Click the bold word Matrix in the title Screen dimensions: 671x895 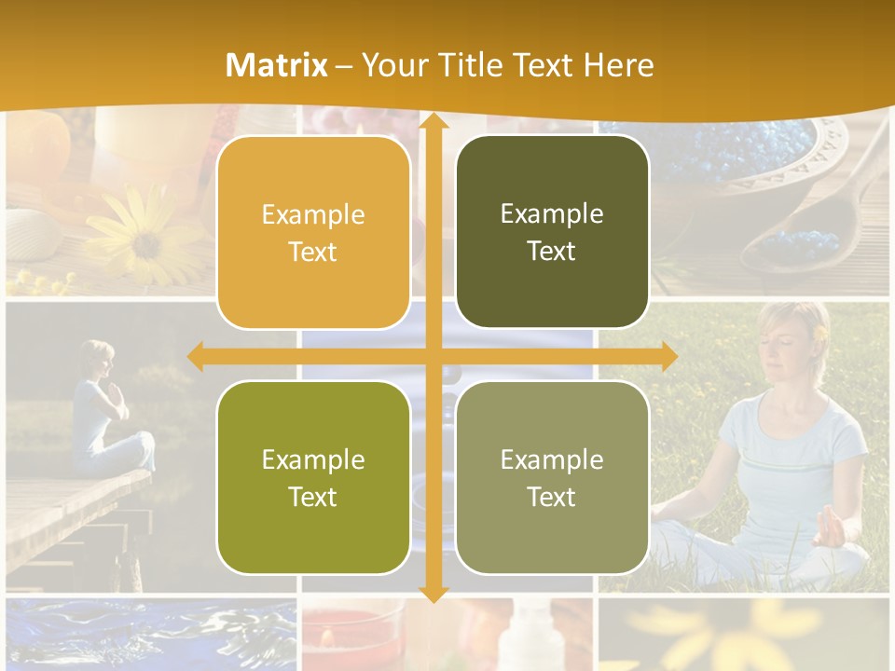pos(277,65)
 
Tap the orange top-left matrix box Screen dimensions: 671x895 pos(313,233)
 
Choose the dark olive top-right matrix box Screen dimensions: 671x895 pos(552,232)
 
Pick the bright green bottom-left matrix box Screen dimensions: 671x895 pos(313,477)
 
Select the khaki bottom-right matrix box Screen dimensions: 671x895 pos(552,477)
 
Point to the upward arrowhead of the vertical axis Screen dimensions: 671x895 pos(433,120)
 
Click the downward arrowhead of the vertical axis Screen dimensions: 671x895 pos(433,593)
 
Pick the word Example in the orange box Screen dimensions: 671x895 pos(313,215)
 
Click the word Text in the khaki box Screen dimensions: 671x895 pos(552,497)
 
